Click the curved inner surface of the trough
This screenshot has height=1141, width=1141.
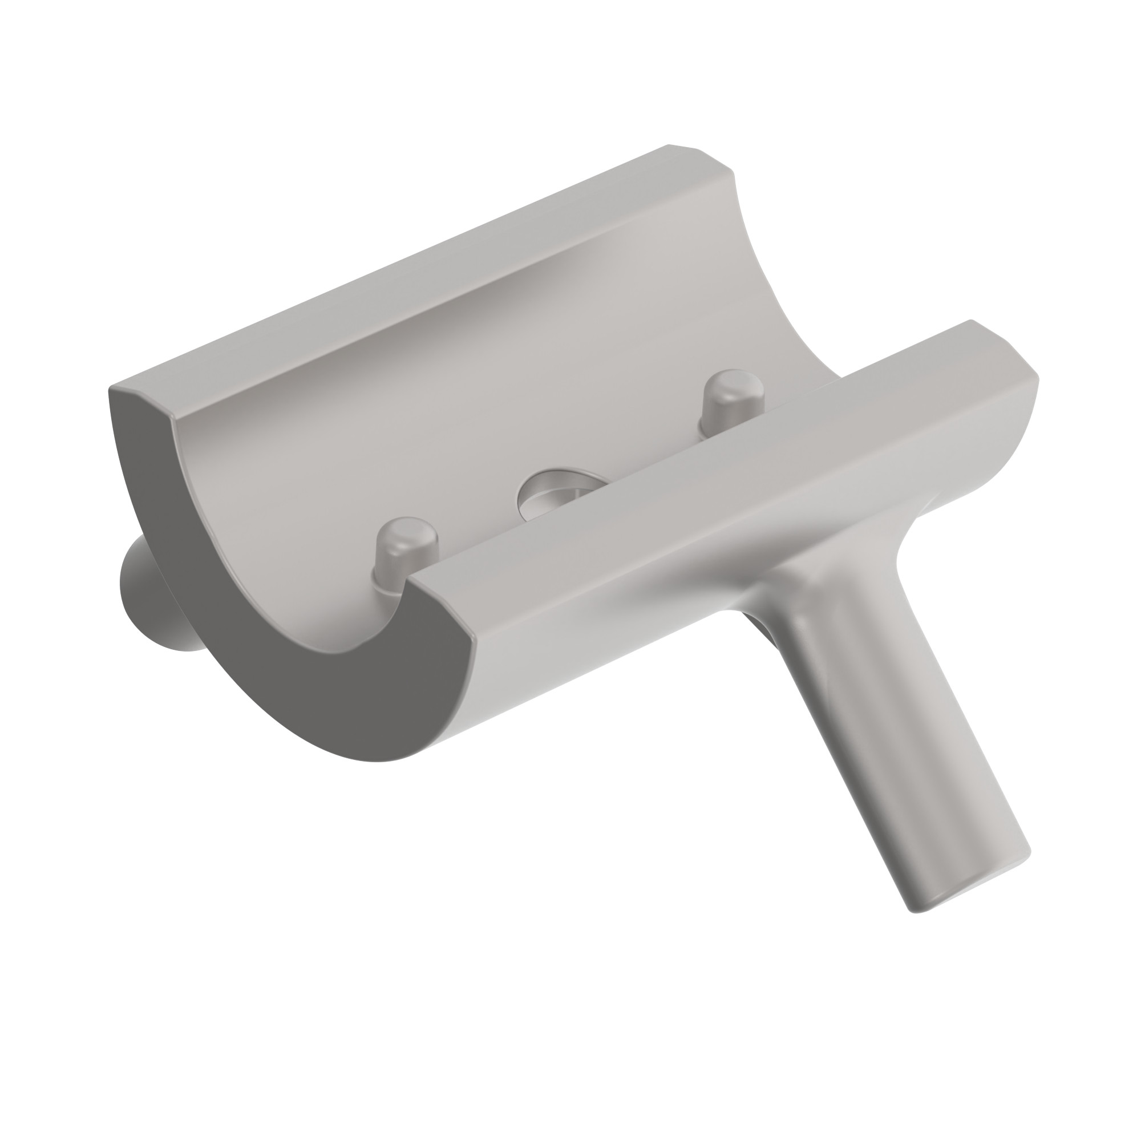472,378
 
